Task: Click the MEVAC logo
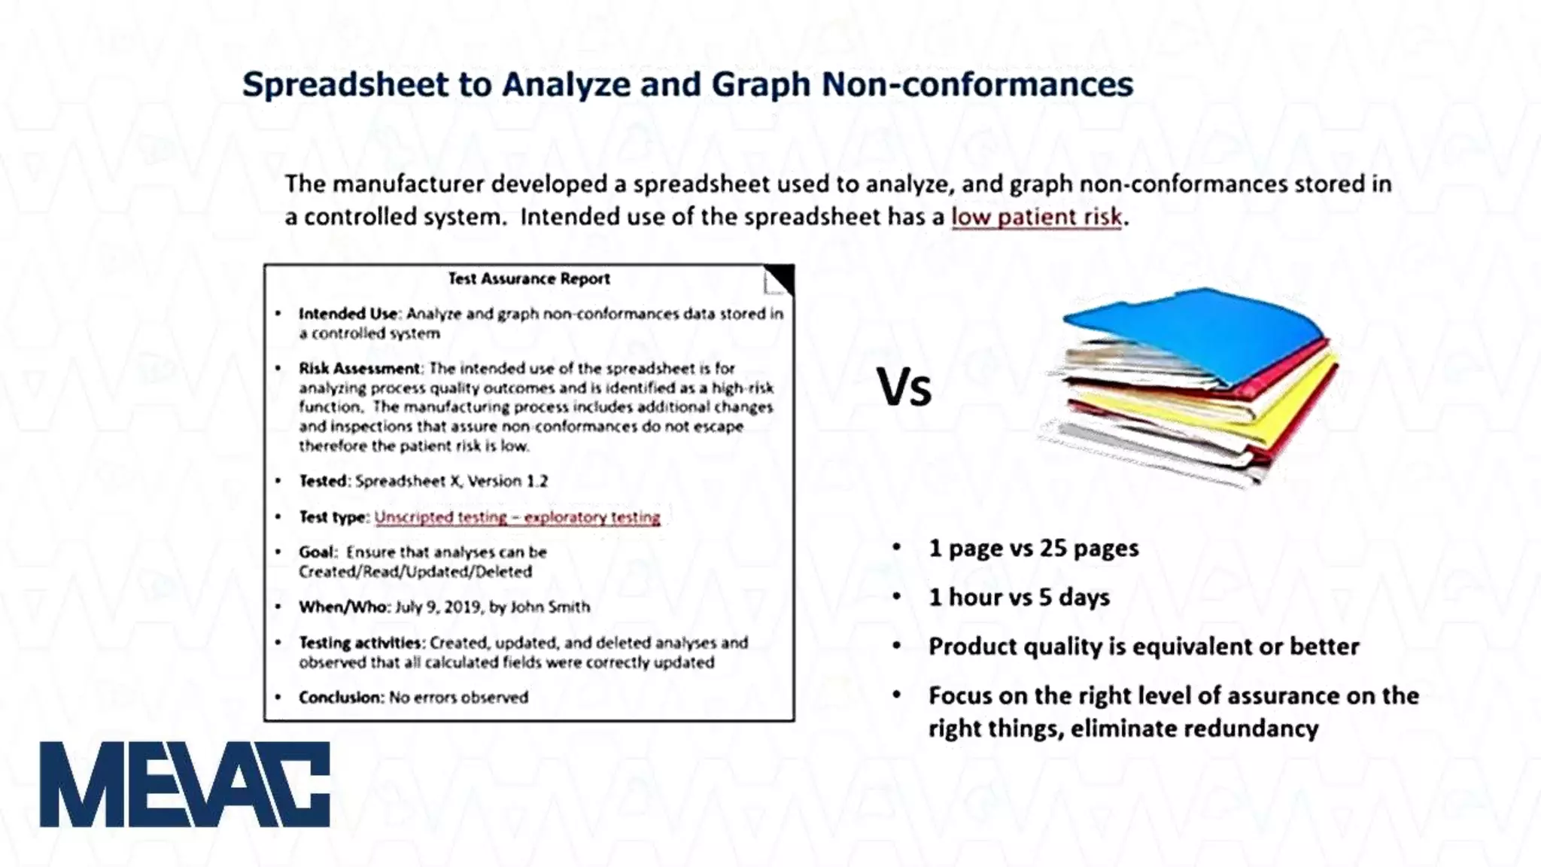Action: click(x=184, y=784)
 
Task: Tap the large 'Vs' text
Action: click(x=904, y=388)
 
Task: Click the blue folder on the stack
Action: click(x=1196, y=331)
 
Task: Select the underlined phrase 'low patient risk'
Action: click(x=1036, y=217)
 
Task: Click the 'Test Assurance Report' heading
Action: click(x=529, y=278)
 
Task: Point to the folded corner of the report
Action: click(x=780, y=279)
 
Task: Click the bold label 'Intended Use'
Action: click(x=348, y=314)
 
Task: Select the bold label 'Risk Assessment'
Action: click(x=360, y=368)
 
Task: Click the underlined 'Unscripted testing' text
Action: click(x=441, y=517)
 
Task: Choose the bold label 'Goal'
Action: click(x=316, y=552)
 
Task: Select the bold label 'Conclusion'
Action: click(x=341, y=697)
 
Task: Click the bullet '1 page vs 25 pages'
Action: click(x=1033, y=548)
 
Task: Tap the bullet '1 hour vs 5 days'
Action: click(x=1019, y=597)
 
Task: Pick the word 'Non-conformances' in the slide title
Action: click(x=977, y=84)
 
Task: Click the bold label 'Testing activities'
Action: click(x=360, y=643)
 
